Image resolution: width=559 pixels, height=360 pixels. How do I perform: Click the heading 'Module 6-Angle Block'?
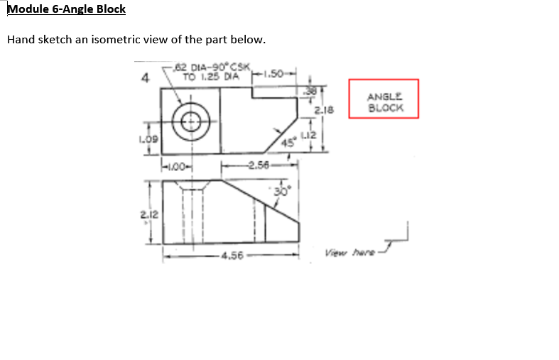pyautogui.click(x=66, y=9)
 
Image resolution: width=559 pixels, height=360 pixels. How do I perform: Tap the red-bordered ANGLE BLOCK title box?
pyautogui.click(x=384, y=98)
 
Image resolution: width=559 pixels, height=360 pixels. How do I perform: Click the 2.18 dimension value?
pyautogui.click(x=327, y=110)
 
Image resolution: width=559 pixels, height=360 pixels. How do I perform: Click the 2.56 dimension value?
pyautogui.click(x=258, y=167)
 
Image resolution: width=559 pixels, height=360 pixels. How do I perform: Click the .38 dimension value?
pyautogui.click(x=310, y=90)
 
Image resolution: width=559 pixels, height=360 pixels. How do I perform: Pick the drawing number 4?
pyautogui.click(x=145, y=77)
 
